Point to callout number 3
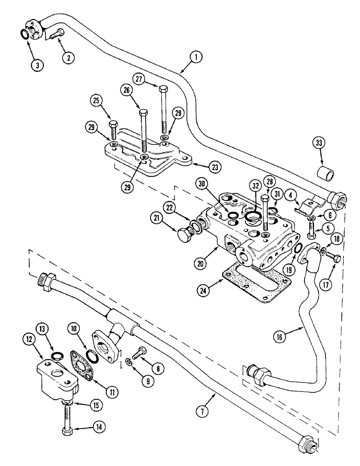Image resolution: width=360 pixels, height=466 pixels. point(37,64)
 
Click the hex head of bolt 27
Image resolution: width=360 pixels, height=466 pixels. point(162,89)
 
